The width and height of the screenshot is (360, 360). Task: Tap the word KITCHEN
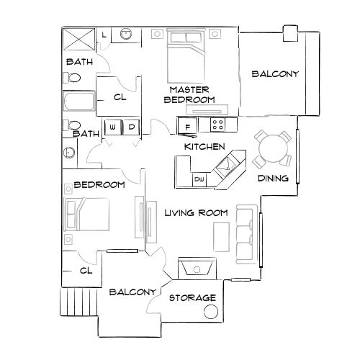(201, 146)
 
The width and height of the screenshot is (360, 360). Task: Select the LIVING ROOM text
(196, 213)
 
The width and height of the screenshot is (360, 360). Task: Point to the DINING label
(274, 179)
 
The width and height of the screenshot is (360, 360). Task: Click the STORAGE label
(192, 298)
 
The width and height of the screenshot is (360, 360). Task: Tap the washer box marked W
(114, 127)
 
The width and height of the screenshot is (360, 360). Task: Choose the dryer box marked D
(131, 127)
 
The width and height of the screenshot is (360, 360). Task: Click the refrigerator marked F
(188, 127)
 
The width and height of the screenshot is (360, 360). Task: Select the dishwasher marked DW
(199, 178)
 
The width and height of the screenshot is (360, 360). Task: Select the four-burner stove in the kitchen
(218, 125)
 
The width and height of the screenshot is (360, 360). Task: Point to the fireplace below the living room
(197, 269)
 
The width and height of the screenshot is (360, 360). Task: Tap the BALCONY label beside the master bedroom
(274, 74)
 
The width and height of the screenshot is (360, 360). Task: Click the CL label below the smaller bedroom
(86, 271)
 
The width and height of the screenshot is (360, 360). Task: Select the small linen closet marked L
(104, 35)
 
